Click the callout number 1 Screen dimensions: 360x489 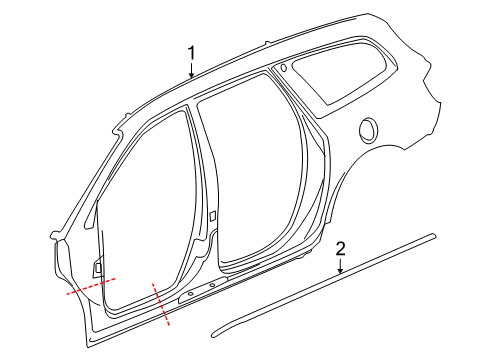point(192,52)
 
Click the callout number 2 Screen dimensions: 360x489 point(340,249)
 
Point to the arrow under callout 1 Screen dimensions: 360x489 point(192,70)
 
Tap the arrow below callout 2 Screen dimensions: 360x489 point(340,266)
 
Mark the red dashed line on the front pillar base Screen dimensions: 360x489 point(91,286)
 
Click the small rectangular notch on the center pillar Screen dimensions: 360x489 point(213,217)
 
